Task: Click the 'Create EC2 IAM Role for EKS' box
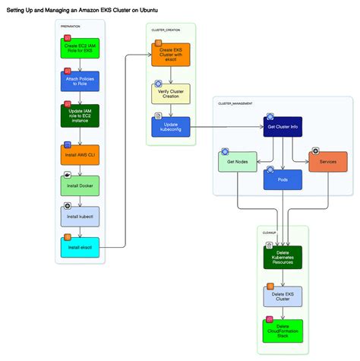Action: pos(80,49)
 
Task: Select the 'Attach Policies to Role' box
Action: pos(80,82)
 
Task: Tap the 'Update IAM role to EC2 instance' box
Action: pos(80,116)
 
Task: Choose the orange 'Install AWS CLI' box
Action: pos(80,154)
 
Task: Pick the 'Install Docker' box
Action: pos(80,185)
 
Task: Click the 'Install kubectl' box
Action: pos(80,217)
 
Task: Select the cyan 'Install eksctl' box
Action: pos(80,247)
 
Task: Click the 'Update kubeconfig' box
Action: pos(171,127)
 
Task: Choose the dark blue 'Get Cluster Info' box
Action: pos(283,126)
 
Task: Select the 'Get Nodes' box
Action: pos(237,162)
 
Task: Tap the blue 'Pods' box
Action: pos(283,179)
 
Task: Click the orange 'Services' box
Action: pos(328,162)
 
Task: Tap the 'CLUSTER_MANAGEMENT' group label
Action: pos(235,103)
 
